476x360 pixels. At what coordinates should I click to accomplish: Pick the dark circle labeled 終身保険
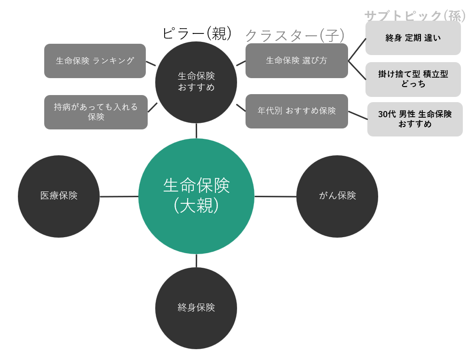pos(196,308)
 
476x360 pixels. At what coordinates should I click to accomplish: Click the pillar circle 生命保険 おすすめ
pos(196,82)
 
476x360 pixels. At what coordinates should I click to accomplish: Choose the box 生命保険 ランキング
pos(95,61)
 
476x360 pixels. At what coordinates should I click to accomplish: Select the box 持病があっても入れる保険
pos(96,112)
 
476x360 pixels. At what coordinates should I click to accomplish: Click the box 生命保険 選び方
pos(297,61)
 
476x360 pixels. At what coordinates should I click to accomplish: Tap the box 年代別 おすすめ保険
pos(297,111)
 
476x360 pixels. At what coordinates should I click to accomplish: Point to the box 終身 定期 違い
pos(413,38)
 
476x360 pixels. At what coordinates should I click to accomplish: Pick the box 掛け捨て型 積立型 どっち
pos(413,79)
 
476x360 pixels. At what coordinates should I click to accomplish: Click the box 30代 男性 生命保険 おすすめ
pos(415,119)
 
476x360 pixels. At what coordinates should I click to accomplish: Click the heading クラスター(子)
pos(295,35)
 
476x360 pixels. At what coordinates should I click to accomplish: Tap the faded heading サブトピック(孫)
pos(415,16)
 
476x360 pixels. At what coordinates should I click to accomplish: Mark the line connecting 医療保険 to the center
pos(119,196)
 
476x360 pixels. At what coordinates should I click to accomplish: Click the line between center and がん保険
pos(275,196)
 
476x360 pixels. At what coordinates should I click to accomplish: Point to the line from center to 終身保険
pos(196,261)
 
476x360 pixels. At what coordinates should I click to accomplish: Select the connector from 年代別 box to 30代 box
pos(357,115)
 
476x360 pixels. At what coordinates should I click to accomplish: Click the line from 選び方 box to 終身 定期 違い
pos(357,49)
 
